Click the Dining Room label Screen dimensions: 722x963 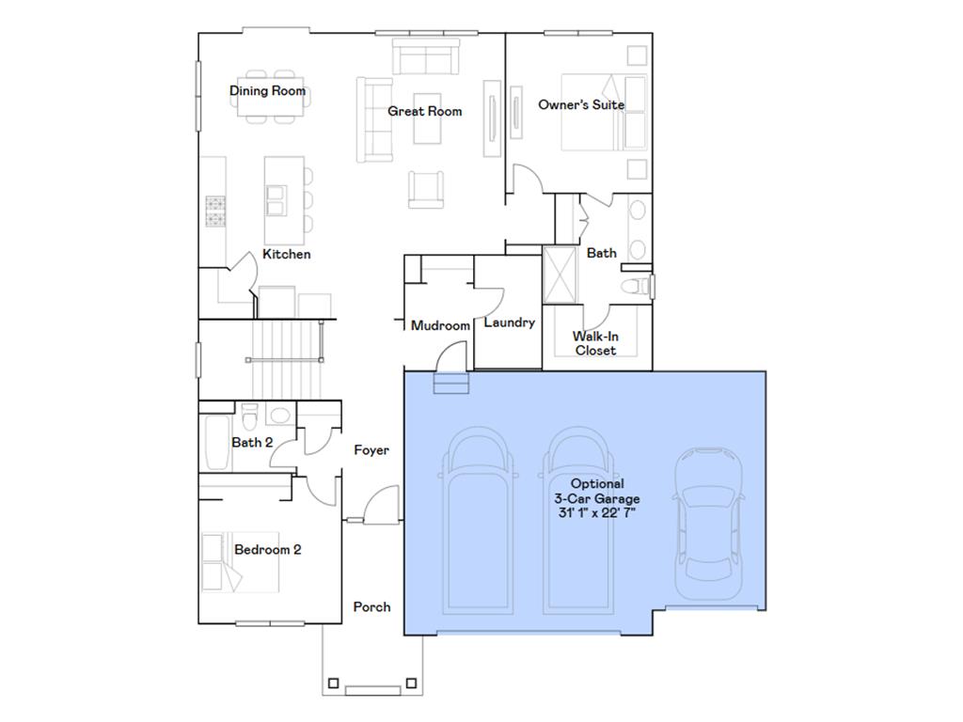pos(268,91)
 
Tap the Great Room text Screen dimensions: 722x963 pos(425,111)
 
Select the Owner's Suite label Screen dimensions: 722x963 pos(580,104)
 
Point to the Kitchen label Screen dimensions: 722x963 pos(286,254)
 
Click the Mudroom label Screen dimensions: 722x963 pos(440,325)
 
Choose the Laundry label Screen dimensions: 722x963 pos(509,322)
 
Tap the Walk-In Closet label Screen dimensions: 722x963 pos(595,343)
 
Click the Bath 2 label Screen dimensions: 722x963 pos(252,442)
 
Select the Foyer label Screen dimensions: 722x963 pos(371,450)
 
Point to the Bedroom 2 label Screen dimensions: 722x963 pos(267,549)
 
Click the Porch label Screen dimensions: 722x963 pos(371,606)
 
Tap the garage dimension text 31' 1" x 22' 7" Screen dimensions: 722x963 pos(596,512)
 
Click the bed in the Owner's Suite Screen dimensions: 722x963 pos(602,112)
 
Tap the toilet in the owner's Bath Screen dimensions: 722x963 pos(637,285)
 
